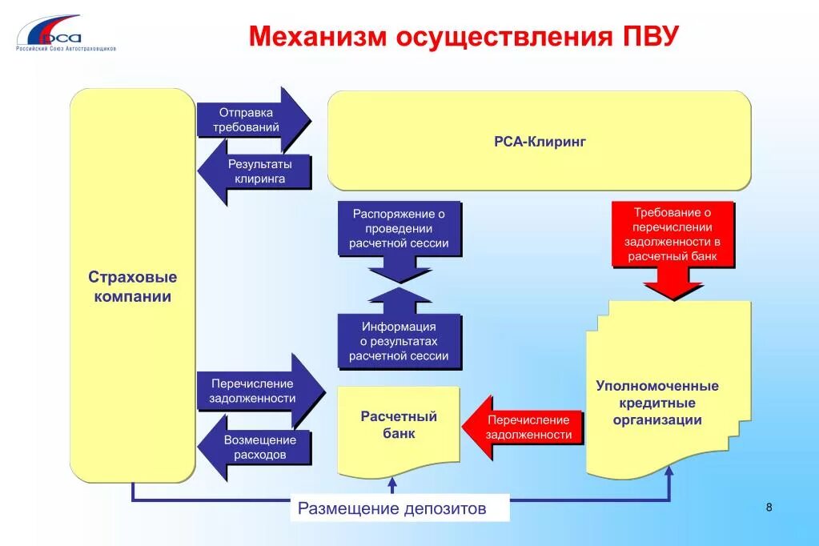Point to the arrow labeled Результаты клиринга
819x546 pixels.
(x=255, y=171)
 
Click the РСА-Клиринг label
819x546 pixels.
(x=540, y=142)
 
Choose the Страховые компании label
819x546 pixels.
(x=133, y=287)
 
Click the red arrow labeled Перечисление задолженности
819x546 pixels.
(x=525, y=428)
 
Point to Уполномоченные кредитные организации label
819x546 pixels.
(x=657, y=403)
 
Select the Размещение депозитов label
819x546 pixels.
(x=392, y=508)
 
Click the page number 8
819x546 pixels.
(x=769, y=507)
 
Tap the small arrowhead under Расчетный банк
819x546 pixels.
(x=392, y=483)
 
